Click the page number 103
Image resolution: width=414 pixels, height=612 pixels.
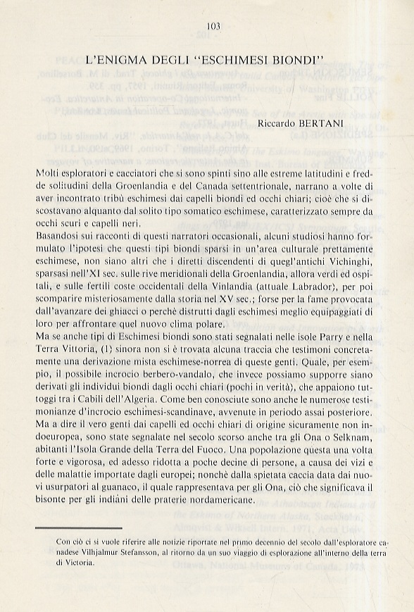point(214,27)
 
